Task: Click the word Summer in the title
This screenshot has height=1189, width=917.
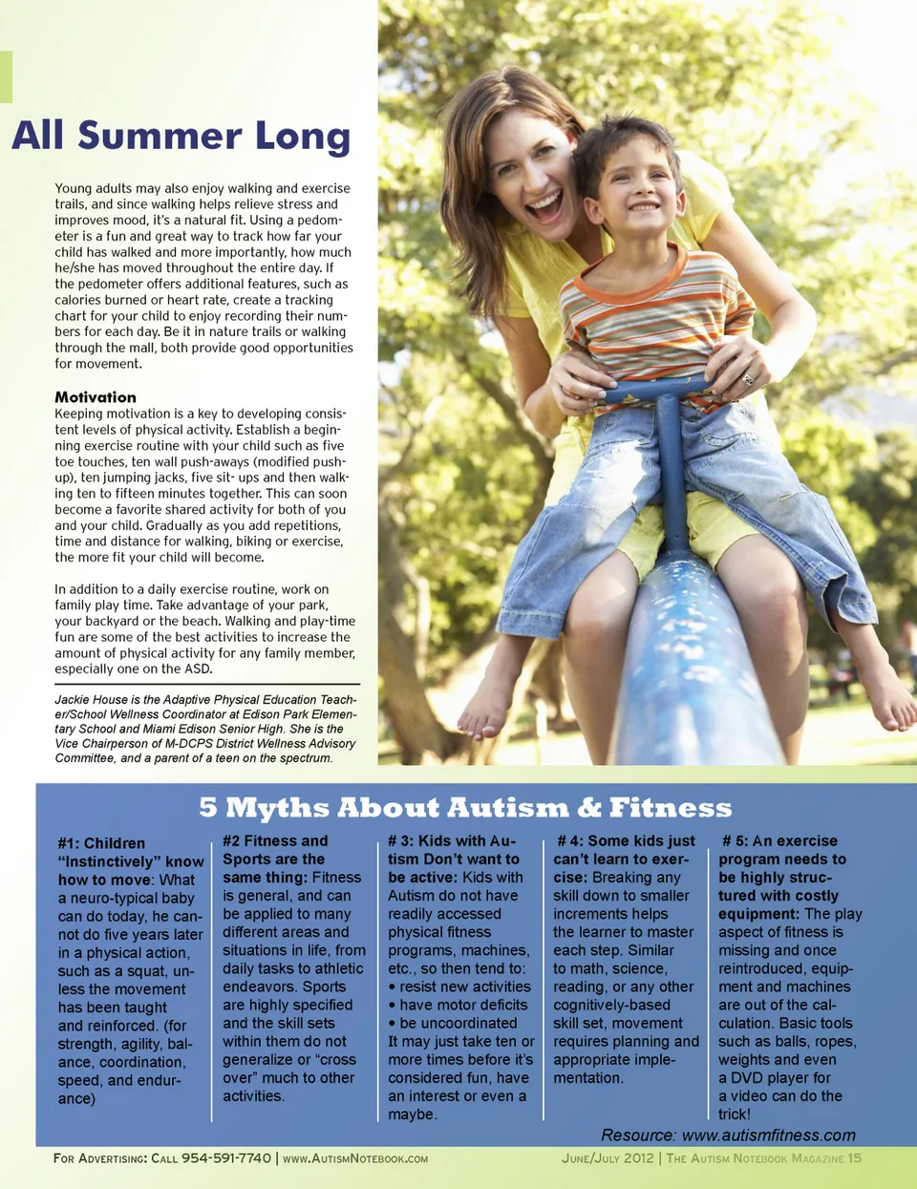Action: pos(160,136)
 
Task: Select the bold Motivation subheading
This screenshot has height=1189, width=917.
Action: pos(96,397)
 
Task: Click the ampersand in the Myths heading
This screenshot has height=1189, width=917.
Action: pos(589,809)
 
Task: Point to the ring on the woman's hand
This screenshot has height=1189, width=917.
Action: pos(748,379)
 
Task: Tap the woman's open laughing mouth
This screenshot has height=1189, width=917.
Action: pos(544,205)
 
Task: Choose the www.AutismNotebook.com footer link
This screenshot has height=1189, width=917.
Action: pos(355,1158)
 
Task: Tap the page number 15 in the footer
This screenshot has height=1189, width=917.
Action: pos(854,1158)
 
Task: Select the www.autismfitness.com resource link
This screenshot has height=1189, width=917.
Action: pos(769,1136)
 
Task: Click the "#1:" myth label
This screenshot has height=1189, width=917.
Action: pos(68,843)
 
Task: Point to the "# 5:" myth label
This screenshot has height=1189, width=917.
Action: pos(735,841)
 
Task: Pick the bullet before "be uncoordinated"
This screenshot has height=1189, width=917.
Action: pos(393,1023)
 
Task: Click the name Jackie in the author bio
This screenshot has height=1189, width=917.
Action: pos(73,700)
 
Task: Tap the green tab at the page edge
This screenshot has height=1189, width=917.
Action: pos(6,76)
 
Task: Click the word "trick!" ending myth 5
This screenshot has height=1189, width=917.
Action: pos(735,1115)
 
